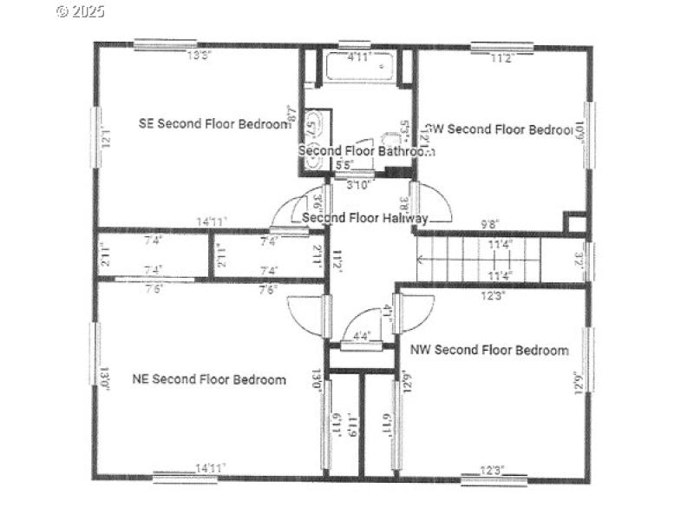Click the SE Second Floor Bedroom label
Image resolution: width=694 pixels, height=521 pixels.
click(x=214, y=123)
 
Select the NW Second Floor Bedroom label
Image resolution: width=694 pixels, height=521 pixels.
click(x=490, y=350)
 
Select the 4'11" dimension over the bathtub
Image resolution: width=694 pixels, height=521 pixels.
click(x=359, y=58)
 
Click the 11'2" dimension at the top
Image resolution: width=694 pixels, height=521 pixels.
click(x=502, y=58)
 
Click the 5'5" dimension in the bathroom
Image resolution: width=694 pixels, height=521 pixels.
click(x=344, y=165)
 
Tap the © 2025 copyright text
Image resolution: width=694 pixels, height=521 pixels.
click(x=80, y=11)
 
